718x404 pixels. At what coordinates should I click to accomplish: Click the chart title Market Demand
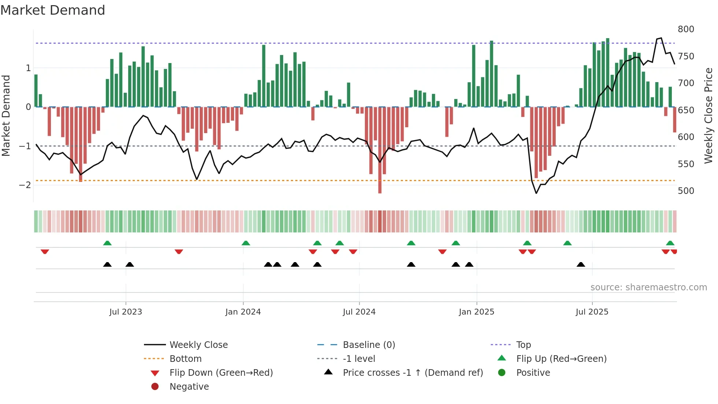click(53, 10)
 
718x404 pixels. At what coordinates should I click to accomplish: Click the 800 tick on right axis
click(686, 29)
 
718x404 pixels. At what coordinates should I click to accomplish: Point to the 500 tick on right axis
click(686, 191)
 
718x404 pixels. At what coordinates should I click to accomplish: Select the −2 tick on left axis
click(25, 185)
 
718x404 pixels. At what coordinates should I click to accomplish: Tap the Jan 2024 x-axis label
click(243, 312)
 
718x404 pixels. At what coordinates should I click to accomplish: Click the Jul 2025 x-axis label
click(592, 312)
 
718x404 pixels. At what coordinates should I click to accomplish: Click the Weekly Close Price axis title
click(708, 115)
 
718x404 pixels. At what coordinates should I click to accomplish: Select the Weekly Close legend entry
click(198, 345)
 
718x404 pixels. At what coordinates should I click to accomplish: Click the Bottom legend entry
click(185, 359)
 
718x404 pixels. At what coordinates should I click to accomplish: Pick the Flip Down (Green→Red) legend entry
click(221, 373)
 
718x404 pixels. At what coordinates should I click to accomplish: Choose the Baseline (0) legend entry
click(369, 345)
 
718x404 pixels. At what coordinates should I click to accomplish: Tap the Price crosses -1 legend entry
click(412, 373)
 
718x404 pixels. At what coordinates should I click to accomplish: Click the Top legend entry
click(523, 345)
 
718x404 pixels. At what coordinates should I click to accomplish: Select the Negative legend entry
click(189, 387)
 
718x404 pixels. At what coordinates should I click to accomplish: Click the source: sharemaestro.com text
click(648, 287)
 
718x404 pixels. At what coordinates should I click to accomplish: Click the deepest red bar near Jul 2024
click(380, 150)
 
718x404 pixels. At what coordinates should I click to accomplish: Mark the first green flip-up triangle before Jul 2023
click(107, 243)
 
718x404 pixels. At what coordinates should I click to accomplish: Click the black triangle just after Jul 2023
click(130, 264)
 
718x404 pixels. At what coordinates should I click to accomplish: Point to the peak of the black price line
click(661, 38)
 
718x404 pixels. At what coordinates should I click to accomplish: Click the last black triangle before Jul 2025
click(581, 264)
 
